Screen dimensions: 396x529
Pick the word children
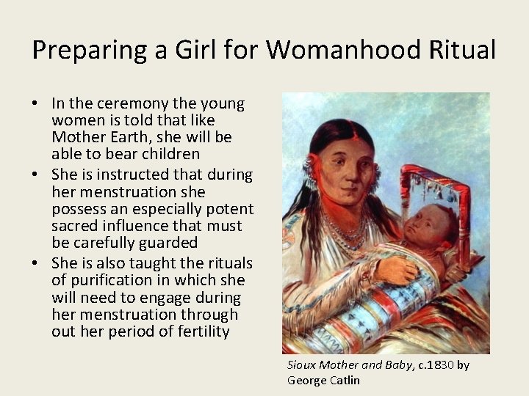pos(168,154)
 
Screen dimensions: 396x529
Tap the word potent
pos(228,209)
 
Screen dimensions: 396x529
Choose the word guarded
pos(171,243)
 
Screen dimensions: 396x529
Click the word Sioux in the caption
pos(301,364)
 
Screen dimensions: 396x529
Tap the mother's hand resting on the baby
pos(397,269)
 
